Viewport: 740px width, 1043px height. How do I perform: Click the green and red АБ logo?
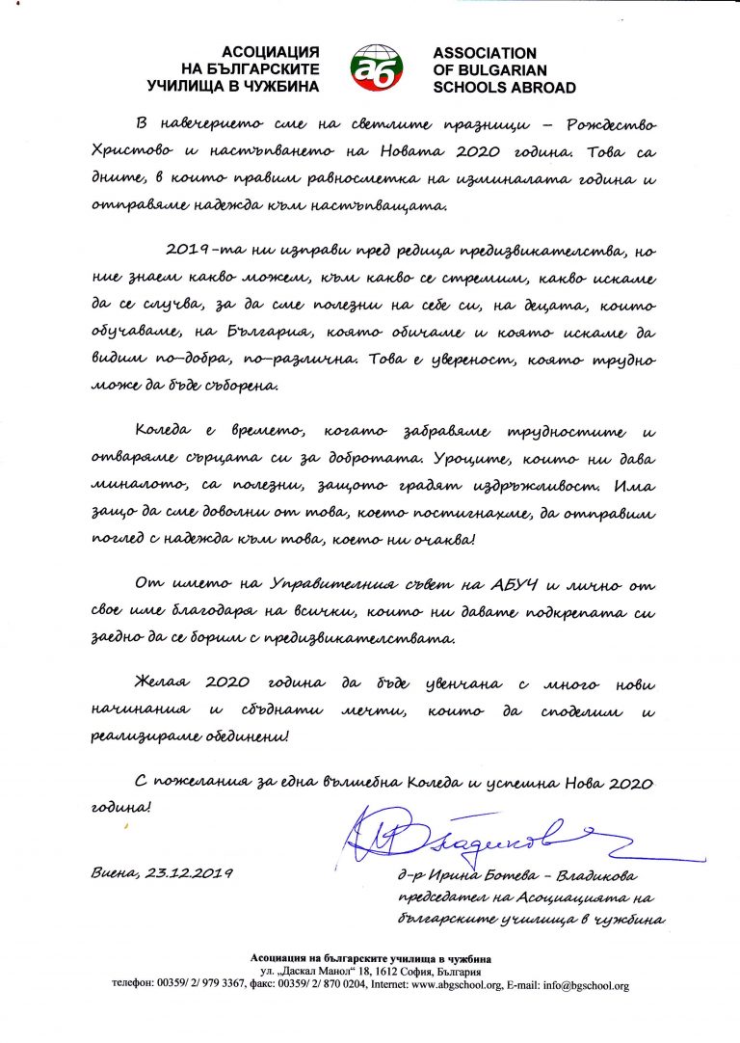tap(376, 68)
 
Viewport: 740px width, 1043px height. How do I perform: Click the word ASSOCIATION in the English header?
tap(485, 53)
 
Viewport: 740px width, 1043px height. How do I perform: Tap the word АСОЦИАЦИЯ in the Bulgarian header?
tap(271, 53)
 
